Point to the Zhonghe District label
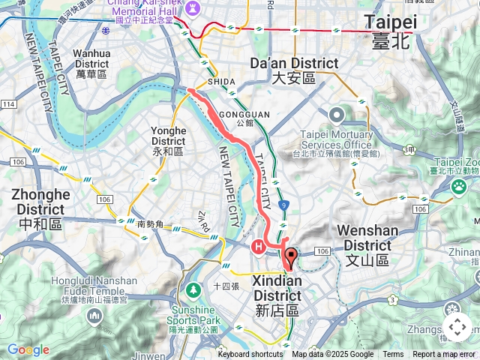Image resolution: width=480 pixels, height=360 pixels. coord(40,202)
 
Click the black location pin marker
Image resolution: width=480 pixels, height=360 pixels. coord(289,257)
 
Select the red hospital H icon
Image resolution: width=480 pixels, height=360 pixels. coord(258,245)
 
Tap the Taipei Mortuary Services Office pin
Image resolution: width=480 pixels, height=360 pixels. coord(335,115)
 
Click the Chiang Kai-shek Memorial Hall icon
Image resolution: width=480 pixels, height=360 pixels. coord(195,7)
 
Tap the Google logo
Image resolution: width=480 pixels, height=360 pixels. coord(28,349)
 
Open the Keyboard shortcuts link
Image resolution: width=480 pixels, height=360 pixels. coord(250,355)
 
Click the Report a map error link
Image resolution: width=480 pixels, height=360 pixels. coord(445,355)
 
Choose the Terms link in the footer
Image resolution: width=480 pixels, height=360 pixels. coord(393,355)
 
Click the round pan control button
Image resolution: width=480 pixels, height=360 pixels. coord(457,327)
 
